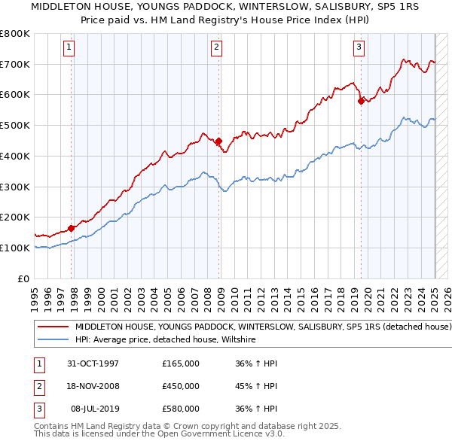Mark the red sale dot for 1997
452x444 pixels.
pos(72,228)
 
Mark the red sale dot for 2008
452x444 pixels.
pos(219,141)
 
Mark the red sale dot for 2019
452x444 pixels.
pos(362,101)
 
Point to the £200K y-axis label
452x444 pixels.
pos(15,217)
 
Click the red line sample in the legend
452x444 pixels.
pos(53,327)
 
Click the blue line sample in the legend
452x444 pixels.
pos(53,340)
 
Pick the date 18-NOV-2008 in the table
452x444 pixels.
pos(93,386)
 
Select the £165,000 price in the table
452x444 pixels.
pos(181,363)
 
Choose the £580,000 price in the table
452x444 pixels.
pos(181,409)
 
